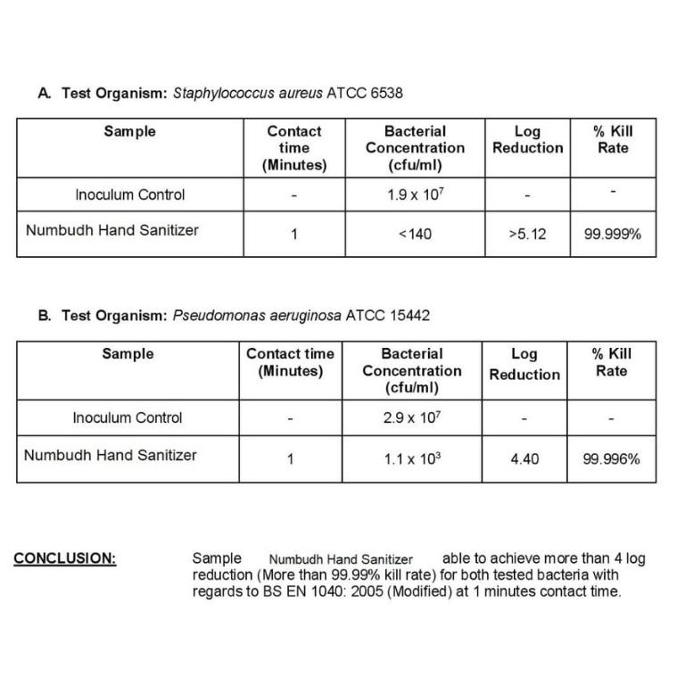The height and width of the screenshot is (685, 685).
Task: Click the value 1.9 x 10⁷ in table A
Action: click(415, 194)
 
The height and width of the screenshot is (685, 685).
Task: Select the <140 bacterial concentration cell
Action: click(415, 235)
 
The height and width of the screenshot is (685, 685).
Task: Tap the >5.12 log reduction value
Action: click(527, 235)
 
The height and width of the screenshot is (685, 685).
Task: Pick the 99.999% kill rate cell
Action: click(613, 235)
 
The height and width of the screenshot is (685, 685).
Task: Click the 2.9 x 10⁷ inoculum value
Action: click(412, 417)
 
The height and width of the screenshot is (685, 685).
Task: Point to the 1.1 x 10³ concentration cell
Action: click(412, 459)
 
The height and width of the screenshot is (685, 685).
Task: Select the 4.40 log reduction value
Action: click(524, 459)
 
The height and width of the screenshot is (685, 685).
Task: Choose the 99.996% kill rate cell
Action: click(612, 459)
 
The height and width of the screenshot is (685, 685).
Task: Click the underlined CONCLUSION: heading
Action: click(65, 559)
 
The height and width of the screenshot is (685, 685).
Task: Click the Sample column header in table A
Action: click(129, 131)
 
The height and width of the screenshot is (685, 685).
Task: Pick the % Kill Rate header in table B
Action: click(612, 362)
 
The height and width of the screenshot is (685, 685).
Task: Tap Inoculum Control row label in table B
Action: click(128, 417)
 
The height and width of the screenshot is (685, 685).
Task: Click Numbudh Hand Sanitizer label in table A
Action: click(112, 230)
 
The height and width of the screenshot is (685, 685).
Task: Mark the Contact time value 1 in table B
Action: click(290, 459)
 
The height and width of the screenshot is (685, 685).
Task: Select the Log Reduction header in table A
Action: click(527, 139)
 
